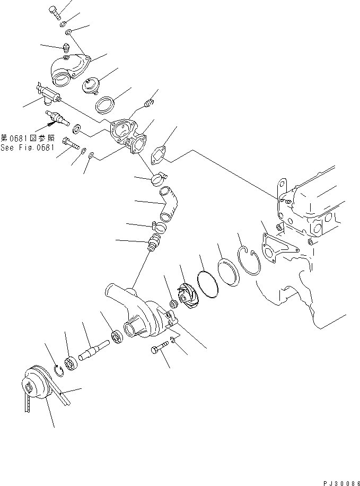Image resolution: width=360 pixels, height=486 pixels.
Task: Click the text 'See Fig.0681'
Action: [x=28, y=148]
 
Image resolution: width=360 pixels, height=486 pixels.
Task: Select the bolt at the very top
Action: [x=54, y=11]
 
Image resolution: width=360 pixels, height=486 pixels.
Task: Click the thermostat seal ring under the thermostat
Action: [x=108, y=104]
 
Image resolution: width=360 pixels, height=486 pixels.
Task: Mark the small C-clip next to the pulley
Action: [x=60, y=370]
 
